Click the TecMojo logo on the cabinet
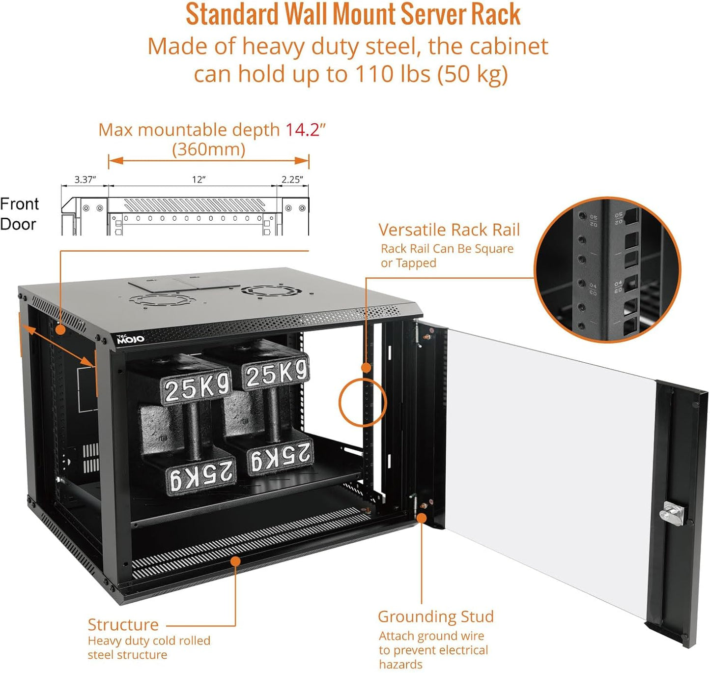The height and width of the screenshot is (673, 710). [130, 339]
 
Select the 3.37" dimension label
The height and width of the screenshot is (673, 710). [85, 179]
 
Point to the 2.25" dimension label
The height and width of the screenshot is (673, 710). [292, 179]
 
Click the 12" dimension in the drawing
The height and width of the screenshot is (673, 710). [199, 179]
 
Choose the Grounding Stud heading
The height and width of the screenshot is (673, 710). [435, 616]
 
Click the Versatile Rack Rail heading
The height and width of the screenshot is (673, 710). [449, 230]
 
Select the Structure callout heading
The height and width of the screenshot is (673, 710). [123, 624]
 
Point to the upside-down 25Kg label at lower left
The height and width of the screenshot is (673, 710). [201, 475]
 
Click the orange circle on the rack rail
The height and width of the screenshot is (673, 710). [363, 403]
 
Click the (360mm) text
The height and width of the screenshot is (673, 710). [208, 149]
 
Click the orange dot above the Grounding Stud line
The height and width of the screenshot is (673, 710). [421, 518]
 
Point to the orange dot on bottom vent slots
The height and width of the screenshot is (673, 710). [235, 560]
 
